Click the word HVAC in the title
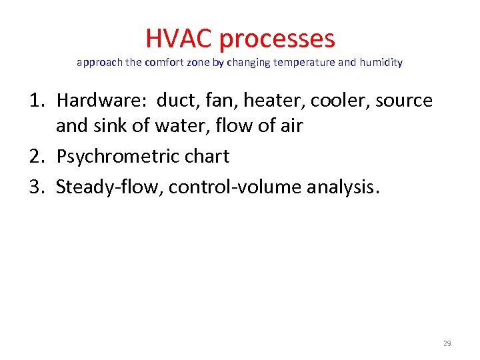point(179,38)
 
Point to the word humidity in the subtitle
point(381,63)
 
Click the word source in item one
point(404,101)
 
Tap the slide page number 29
point(447,343)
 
